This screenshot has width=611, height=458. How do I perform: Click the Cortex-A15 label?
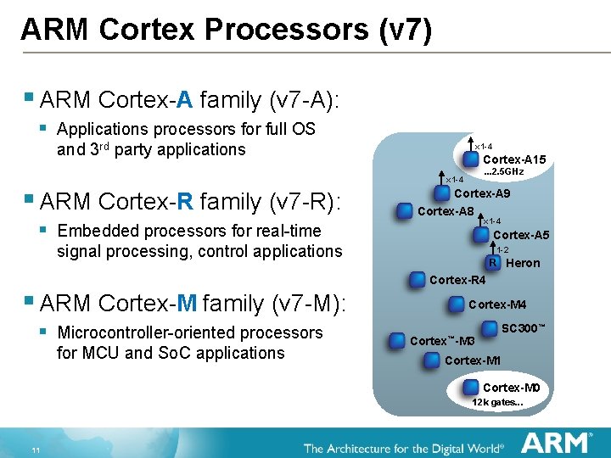tap(514, 159)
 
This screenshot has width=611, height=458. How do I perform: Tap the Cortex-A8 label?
tap(446, 211)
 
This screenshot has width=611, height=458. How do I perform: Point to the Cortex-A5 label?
tap(521, 235)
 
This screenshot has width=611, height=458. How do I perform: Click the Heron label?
tap(523, 263)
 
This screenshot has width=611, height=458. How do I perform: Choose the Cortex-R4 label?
tap(457, 280)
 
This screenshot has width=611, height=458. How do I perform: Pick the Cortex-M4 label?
tap(497, 304)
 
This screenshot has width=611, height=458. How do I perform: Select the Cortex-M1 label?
tap(473, 360)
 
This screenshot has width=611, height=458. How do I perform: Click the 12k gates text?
tap(498, 402)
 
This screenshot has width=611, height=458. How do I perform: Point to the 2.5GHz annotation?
tap(503, 171)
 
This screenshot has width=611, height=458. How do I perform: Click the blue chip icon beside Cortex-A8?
tap(405, 211)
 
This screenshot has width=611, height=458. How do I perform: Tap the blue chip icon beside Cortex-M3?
tap(396, 341)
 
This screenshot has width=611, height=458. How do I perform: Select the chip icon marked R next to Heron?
tap(494, 263)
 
